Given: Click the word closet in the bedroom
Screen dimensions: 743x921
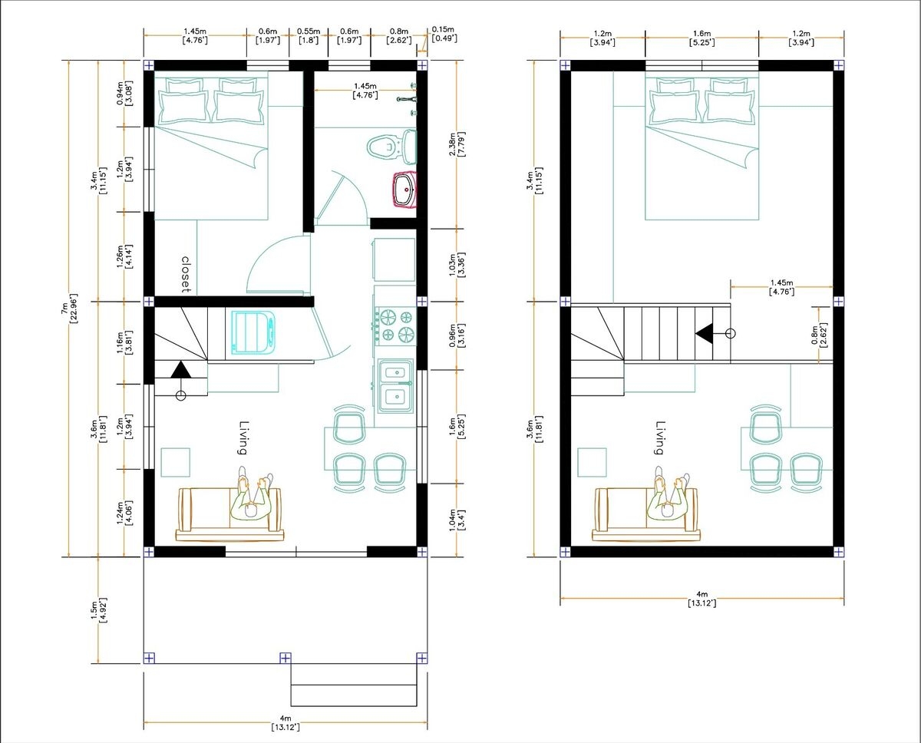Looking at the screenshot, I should (x=186, y=274).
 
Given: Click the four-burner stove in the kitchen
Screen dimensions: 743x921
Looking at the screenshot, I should (x=394, y=324).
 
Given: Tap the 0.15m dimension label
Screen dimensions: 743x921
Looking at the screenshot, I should (x=444, y=34).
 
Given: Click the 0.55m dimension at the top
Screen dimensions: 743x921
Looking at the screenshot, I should (x=308, y=36).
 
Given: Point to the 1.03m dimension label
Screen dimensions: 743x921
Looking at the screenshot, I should (x=456, y=262).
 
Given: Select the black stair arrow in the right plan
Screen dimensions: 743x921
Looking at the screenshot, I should (x=703, y=333).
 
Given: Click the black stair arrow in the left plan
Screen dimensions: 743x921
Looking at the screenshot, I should (x=181, y=369).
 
